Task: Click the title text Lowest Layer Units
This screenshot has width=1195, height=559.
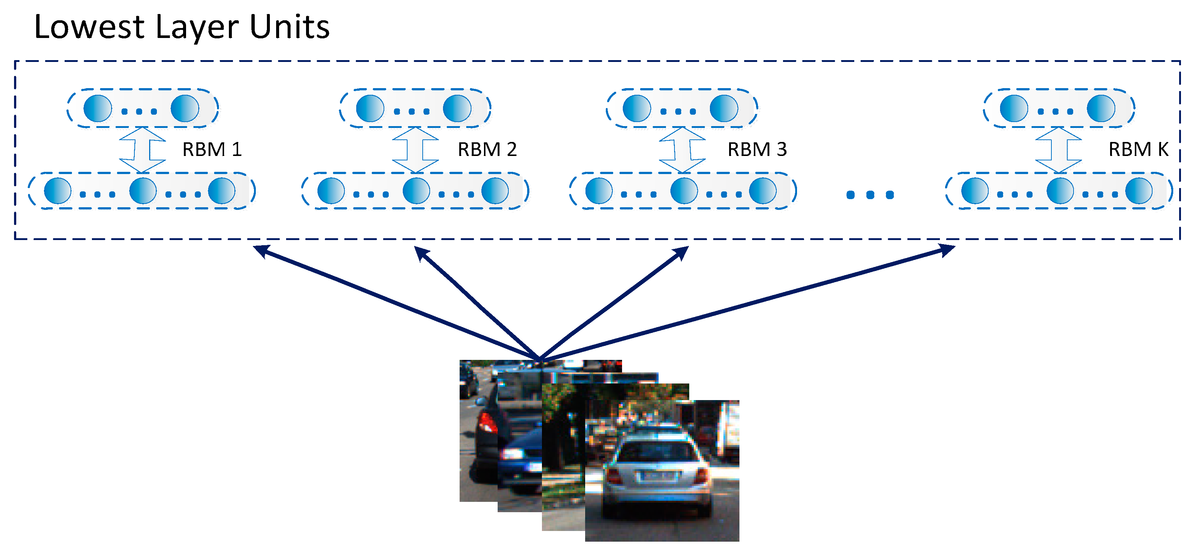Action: pos(182,27)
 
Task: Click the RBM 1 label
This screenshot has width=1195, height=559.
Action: pos(212,149)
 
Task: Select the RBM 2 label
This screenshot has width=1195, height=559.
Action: pos(487,149)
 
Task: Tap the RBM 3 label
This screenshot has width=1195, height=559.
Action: pos(757,149)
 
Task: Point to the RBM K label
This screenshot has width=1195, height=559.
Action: pos(1138,149)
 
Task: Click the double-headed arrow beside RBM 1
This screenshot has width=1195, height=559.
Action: pos(142,150)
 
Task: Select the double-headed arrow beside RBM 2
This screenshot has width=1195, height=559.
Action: pos(415,150)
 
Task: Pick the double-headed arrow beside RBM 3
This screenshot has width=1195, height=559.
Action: pos(682,150)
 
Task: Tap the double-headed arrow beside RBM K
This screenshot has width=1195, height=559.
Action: pos(1059,150)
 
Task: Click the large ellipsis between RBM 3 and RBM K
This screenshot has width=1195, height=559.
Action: pos(870,195)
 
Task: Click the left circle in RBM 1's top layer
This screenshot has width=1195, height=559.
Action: pos(97,108)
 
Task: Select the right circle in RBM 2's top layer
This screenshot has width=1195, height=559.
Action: pos(457,108)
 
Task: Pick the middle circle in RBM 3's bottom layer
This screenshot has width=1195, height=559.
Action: pos(684,191)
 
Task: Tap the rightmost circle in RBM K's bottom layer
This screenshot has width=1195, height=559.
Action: pos(1139,191)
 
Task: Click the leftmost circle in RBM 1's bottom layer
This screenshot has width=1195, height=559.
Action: pos(58,191)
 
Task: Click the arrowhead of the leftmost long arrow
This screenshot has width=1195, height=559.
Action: pos(260,250)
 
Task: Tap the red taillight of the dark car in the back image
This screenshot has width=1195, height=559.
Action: pos(487,423)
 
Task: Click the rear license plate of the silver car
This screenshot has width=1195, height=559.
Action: pos(658,476)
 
